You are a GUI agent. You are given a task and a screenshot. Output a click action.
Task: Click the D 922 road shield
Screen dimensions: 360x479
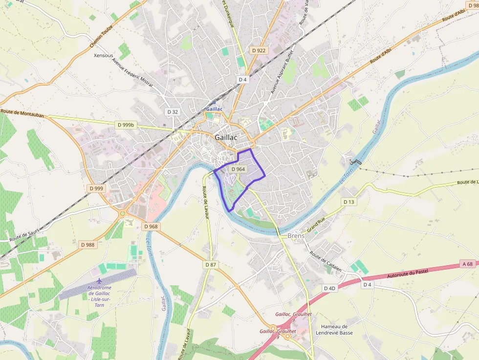pyautogui.click(x=259, y=50)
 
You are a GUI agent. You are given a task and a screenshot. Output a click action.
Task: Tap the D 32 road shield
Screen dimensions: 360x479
pyautogui.click(x=173, y=112)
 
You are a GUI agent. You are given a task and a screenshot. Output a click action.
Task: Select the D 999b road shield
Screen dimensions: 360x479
pyautogui.click(x=126, y=125)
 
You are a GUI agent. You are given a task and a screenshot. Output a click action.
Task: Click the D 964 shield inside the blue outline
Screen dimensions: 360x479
pyautogui.click(x=238, y=169)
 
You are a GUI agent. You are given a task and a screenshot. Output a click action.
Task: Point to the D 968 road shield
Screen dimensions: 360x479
pyautogui.click(x=152, y=227)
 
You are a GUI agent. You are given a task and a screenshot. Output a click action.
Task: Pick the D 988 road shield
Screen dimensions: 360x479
pyautogui.click(x=87, y=244)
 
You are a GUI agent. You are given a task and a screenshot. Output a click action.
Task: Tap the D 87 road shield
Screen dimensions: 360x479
pyautogui.click(x=211, y=265)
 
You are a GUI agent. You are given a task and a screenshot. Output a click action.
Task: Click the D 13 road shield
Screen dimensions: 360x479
pyautogui.click(x=348, y=202)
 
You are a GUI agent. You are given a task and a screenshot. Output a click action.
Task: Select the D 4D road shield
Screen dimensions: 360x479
pyautogui.click(x=330, y=288)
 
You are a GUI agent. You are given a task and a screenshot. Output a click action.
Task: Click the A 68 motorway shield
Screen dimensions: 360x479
pyautogui.click(x=467, y=264)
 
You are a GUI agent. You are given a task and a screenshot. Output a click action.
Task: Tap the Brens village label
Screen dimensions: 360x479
pyautogui.click(x=296, y=236)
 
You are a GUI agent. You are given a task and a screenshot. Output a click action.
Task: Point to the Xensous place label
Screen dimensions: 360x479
pyautogui.click(x=104, y=56)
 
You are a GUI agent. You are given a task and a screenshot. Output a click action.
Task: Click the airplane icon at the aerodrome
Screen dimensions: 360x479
pyautogui.click(x=100, y=281)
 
